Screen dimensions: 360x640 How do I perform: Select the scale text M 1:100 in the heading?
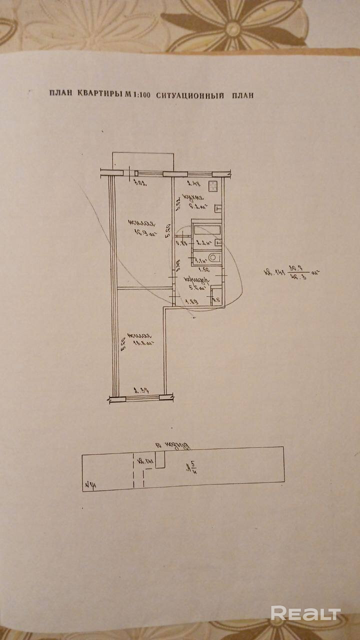coord(137,94)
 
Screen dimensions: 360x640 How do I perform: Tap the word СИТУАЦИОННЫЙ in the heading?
coord(189,94)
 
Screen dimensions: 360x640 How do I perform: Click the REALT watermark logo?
coord(305,613)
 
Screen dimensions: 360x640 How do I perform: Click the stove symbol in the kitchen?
coord(213,187)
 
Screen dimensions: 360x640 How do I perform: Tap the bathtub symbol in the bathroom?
coord(206,230)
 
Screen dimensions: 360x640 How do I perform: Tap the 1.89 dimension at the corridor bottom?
coord(190,301)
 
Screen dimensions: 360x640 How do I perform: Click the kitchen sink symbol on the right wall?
coord(218,207)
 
